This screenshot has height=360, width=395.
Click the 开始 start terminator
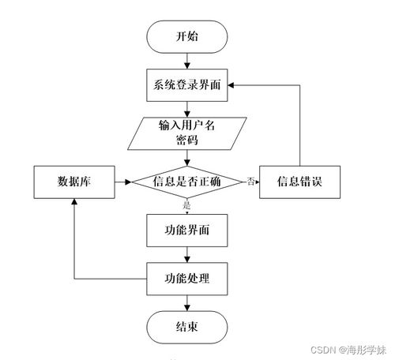coord(187,36)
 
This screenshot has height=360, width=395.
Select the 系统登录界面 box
coord(187,85)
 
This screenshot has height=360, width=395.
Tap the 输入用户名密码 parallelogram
coord(187,133)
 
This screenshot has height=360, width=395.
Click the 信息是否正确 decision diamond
coord(187,182)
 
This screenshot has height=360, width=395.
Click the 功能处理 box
coord(187,278)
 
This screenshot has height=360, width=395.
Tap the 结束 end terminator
coord(187,327)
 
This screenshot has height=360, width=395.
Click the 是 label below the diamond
coord(187,205)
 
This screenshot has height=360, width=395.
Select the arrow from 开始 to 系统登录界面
coord(187,61)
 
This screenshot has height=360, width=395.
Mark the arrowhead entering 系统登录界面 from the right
coord(233,85)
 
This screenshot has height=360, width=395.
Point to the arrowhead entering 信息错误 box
coord(257,182)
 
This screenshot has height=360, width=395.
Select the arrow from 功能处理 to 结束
coord(187,302)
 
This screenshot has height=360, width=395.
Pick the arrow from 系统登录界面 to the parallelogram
coord(187,109)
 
